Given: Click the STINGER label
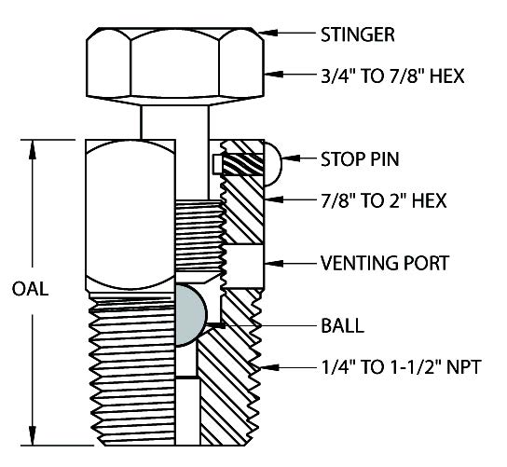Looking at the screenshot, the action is (358, 34).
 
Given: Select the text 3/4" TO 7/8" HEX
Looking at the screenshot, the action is (392, 76).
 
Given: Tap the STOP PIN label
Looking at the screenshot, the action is (360, 159).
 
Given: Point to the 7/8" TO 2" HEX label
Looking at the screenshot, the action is (383, 200).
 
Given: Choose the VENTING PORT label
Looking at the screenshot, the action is (385, 263).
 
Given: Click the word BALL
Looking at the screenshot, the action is (342, 325).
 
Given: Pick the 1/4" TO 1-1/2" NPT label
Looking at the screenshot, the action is (402, 367).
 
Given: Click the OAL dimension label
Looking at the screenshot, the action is (30, 289).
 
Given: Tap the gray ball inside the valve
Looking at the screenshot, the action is (190, 316).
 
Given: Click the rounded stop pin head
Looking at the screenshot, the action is (273, 164).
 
